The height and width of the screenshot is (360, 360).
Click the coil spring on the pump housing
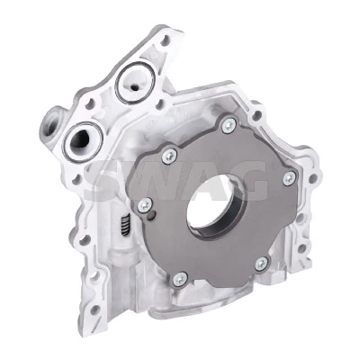(x=125, y=226)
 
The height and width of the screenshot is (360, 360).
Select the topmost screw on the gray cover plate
(x=229, y=125)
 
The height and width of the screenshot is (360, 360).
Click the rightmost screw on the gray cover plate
(x=289, y=178)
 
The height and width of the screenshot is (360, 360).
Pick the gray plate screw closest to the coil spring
(x=145, y=205)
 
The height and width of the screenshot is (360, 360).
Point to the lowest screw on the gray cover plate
(x=181, y=279)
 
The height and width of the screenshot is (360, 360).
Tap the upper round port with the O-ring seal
(x=135, y=83)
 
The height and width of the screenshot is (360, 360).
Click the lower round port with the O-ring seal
(x=82, y=142)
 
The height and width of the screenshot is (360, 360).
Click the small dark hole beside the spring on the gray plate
(x=154, y=215)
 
